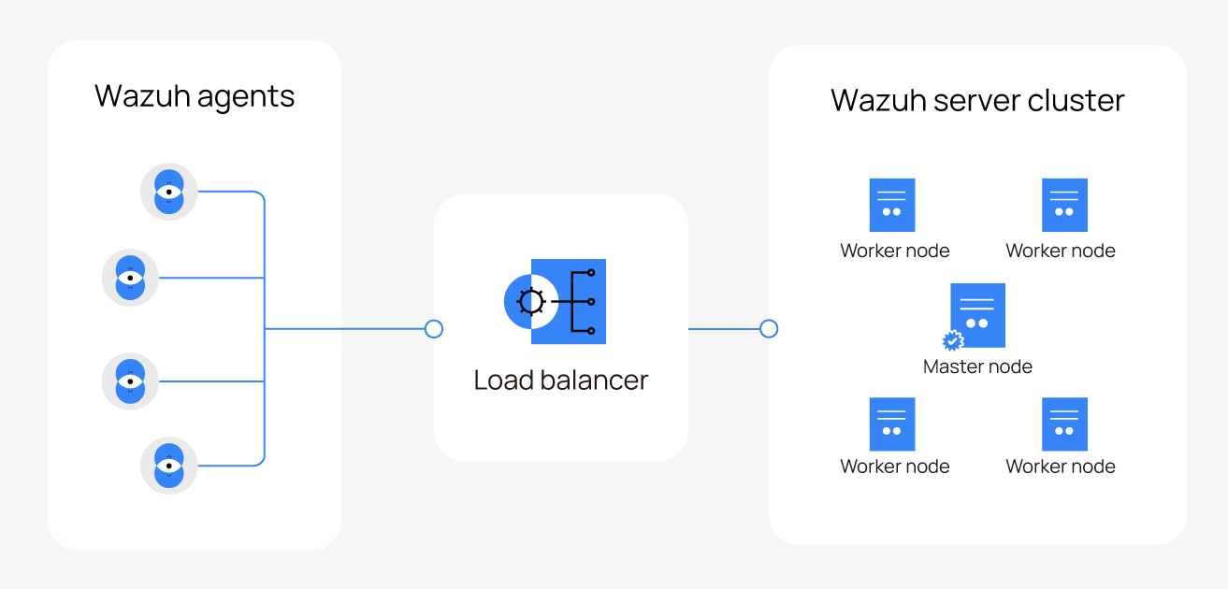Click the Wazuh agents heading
point(195,96)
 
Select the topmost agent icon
point(168,192)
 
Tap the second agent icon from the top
point(130,278)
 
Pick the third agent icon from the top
point(130,381)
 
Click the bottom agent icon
point(168,466)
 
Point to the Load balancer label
point(560,381)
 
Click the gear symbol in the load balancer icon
point(531,302)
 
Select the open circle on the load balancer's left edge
point(433,329)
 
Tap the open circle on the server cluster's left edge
point(769,329)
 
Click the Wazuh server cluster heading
point(977,100)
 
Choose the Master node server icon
point(978,315)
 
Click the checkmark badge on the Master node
point(953,341)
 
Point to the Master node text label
point(977,366)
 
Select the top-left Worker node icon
point(892,205)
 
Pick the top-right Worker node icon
point(1064,205)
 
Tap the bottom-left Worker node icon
point(892,424)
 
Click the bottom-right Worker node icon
point(1064,424)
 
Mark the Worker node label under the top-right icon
point(1061,251)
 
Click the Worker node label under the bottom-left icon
point(895,467)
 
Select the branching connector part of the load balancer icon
point(580,302)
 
